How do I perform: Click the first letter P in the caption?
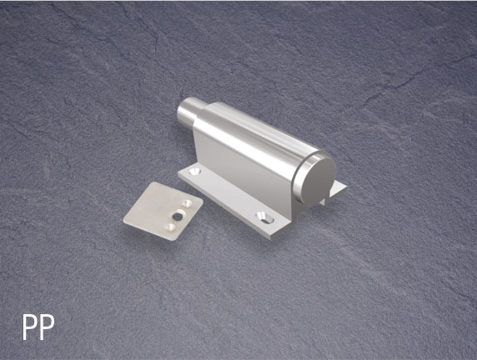pos(30,327)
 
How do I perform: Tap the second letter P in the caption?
pos(47,327)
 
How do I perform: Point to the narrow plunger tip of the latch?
pos(187,113)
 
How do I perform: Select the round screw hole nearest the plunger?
pos(194,172)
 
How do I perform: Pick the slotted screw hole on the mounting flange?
pos(264,218)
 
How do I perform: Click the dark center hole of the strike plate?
pos(177,217)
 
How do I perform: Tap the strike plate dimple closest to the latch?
pos(187,203)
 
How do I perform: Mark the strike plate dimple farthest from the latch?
pos(170,227)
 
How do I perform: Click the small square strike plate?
pos(163,211)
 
